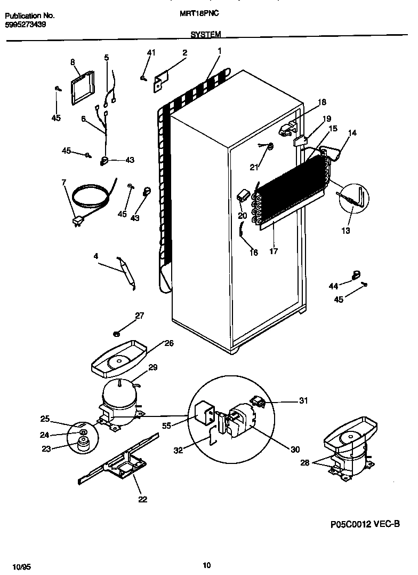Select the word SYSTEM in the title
click(205, 35)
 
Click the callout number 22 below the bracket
click(142, 499)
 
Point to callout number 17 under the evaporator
click(274, 250)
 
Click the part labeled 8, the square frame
click(82, 86)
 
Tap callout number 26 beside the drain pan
click(168, 343)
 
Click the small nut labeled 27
click(116, 334)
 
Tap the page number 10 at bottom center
click(207, 565)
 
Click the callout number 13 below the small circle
click(347, 231)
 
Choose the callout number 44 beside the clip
click(333, 287)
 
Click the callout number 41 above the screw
click(151, 52)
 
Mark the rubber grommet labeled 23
click(83, 444)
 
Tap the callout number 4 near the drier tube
click(96, 256)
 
